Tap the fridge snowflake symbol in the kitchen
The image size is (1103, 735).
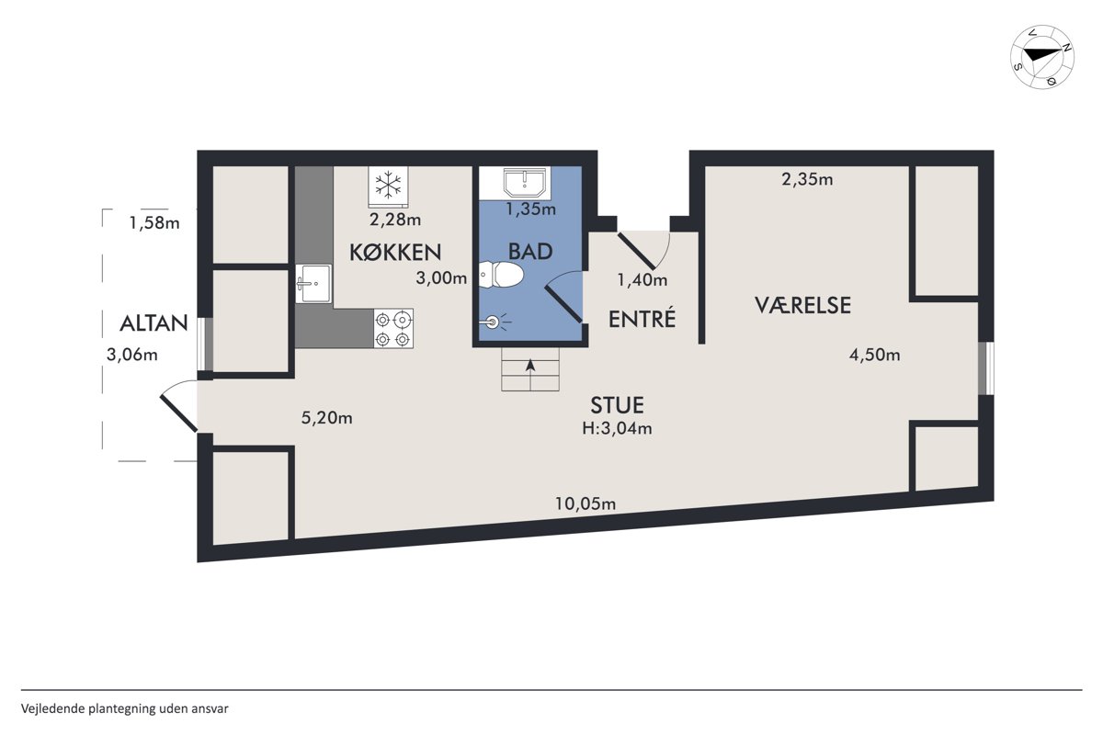(388, 185)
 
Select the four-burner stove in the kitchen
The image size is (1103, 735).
(393, 328)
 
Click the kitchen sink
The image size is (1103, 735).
(313, 284)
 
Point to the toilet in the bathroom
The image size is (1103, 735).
(500, 275)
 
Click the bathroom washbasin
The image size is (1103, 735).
(525, 182)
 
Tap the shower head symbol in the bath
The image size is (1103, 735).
(494, 322)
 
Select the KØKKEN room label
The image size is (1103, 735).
(395, 253)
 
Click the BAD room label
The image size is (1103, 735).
(530, 252)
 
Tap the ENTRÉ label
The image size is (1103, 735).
(642, 319)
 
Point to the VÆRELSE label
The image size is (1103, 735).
(803, 305)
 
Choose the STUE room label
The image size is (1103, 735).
(617, 405)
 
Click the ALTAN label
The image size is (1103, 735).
(154, 323)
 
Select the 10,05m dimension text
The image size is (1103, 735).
(586, 503)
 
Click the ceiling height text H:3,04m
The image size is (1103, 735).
(617, 428)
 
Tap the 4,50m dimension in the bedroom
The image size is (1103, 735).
(874, 355)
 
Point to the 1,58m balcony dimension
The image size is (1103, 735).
(154, 223)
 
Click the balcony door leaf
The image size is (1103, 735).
(178, 413)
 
